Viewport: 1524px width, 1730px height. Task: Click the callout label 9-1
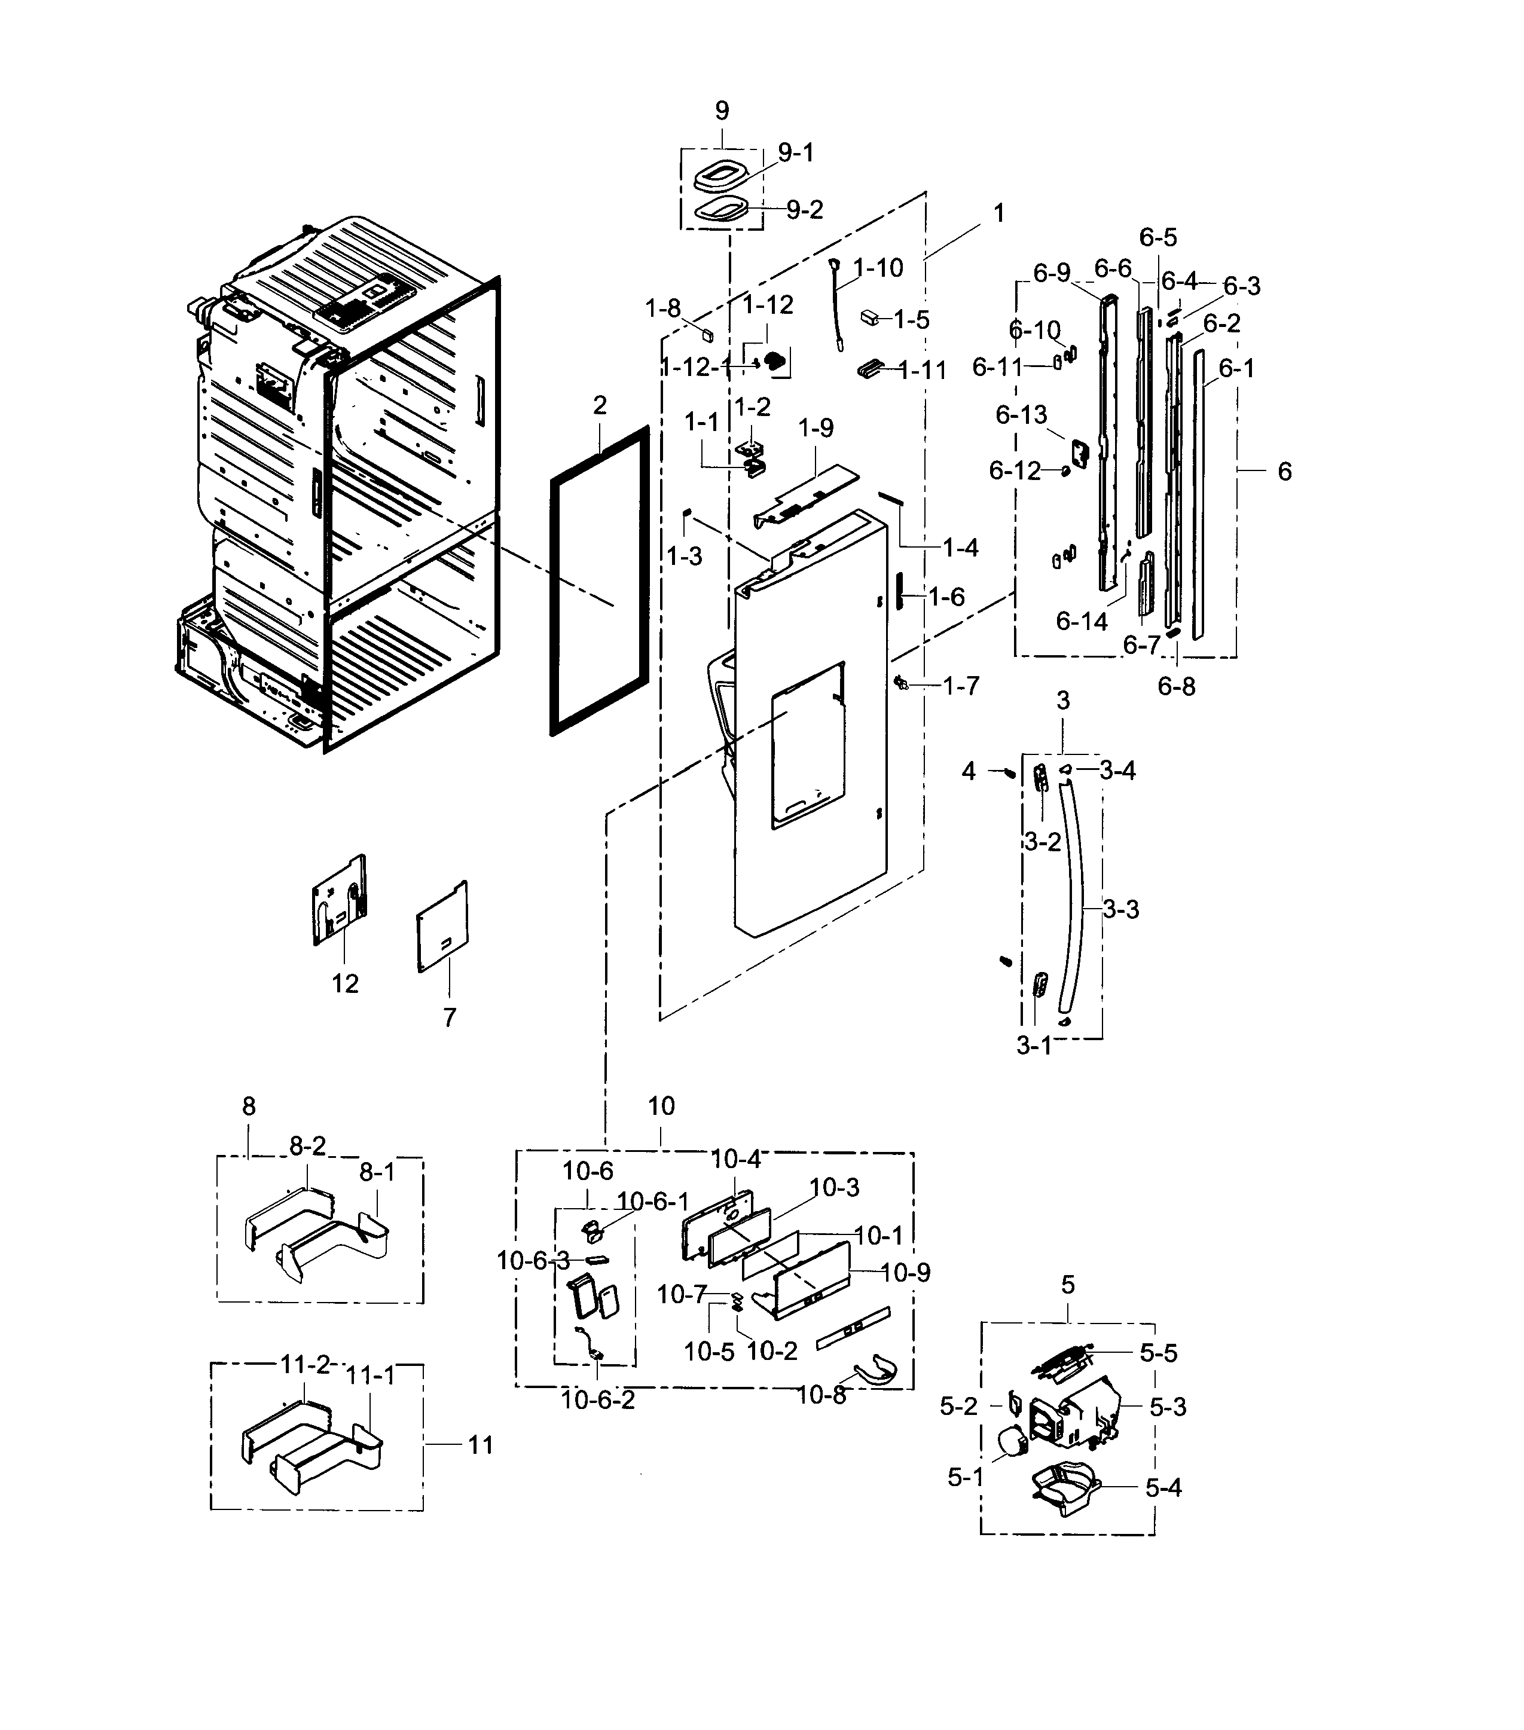(x=795, y=152)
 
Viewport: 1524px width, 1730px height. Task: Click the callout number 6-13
(x=1021, y=415)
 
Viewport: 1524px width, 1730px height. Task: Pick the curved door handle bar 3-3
(x=1076, y=897)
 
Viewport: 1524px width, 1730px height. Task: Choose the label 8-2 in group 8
(x=307, y=1146)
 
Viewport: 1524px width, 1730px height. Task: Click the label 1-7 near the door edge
(x=961, y=686)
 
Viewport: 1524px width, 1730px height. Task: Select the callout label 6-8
(x=1176, y=686)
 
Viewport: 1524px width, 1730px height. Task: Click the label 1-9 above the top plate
(x=816, y=427)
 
